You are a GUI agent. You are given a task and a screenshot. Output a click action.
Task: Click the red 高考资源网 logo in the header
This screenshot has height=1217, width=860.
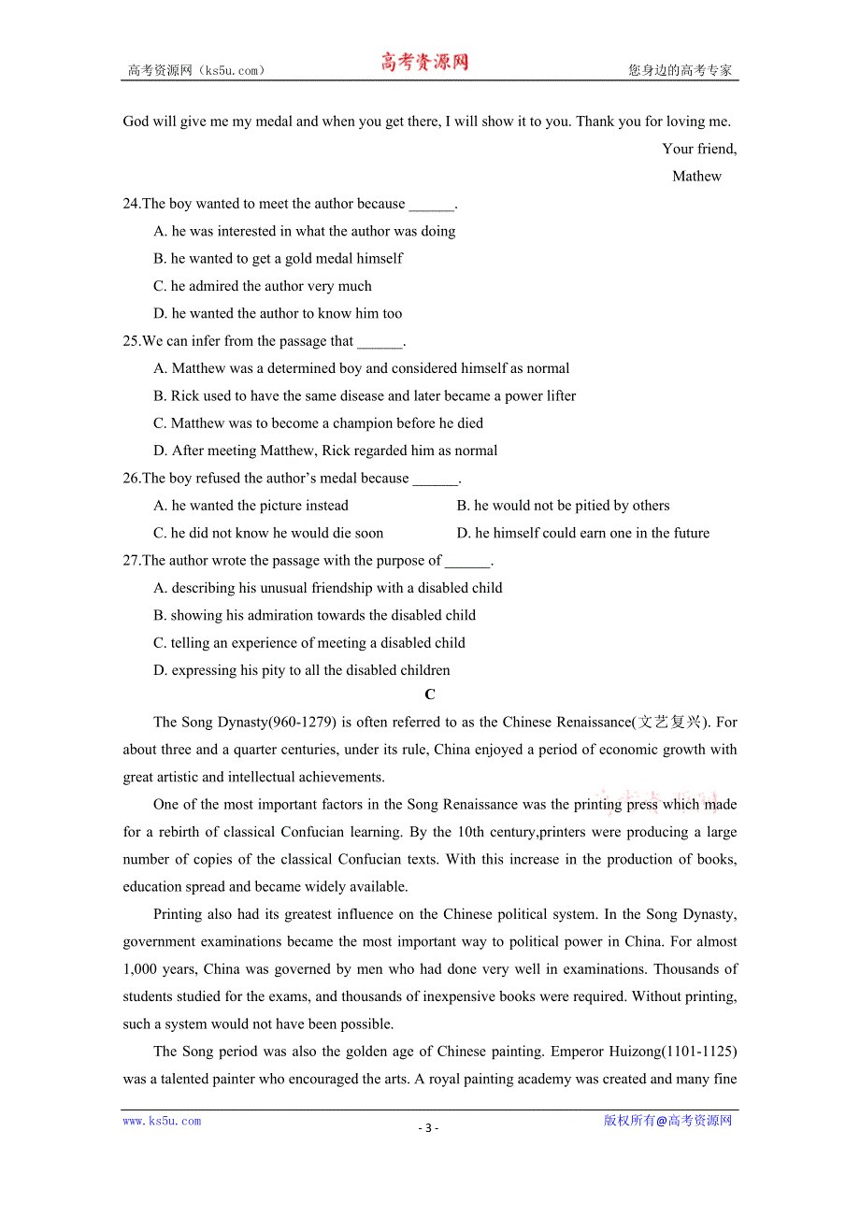[x=424, y=63]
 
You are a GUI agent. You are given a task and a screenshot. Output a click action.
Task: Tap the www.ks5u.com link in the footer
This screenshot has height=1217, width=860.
[x=162, y=1121]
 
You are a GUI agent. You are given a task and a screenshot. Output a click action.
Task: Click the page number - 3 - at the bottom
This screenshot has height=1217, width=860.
[x=428, y=1127]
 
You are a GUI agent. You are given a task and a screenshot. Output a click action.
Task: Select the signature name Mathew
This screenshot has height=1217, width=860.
[x=696, y=176]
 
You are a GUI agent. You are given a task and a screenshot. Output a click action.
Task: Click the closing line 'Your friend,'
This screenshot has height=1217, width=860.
[x=698, y=149]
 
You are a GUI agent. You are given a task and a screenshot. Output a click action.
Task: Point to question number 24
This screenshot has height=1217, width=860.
[x=131, y=204]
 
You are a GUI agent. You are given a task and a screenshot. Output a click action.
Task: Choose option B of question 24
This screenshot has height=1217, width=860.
[x=278, y=258]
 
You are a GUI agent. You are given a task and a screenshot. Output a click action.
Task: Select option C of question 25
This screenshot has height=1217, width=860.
[x=318, y=423]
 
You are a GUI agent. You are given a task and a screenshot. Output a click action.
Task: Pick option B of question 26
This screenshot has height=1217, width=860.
[x=563, y=506]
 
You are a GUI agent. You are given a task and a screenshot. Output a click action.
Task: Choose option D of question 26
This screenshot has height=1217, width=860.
[x=582, y=533]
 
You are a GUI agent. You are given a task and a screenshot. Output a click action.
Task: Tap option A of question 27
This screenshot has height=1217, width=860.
[x=327, y=588]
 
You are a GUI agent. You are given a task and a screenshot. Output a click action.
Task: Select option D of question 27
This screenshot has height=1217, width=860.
[x=301, y=670]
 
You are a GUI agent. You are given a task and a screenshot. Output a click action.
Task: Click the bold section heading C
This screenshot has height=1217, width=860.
[x=429, y=694]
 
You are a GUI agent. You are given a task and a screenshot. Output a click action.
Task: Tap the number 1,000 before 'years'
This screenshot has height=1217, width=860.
[x=141, y=969]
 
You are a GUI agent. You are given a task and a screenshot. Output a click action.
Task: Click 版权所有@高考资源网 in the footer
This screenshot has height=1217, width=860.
[x=667, y=1121]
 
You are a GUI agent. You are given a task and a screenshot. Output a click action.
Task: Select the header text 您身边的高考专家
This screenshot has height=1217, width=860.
[x=680, y=70]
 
